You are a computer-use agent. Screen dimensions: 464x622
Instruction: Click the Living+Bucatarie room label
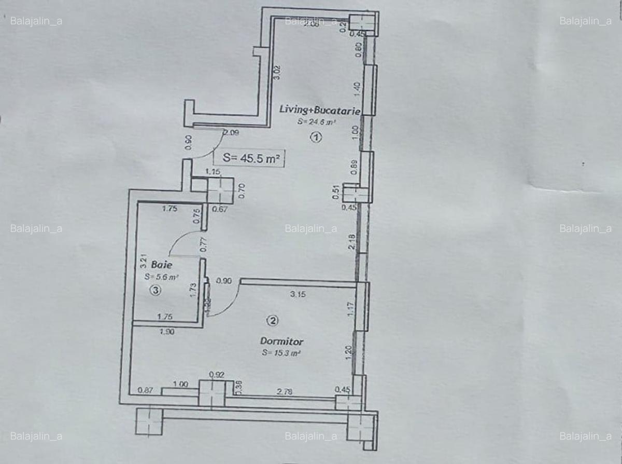[320, 109]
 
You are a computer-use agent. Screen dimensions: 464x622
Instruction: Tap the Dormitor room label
[281, 342]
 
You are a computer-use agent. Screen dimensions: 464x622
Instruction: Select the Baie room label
[151, 264]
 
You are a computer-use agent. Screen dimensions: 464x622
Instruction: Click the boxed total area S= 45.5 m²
[250, 159]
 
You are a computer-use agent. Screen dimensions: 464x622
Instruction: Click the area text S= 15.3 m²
[281, 353]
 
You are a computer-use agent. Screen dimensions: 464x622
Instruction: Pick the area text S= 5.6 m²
[161, 277]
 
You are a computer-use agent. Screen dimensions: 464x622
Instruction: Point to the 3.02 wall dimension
[277, 72]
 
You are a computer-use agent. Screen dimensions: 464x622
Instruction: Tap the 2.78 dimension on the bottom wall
[285, 392]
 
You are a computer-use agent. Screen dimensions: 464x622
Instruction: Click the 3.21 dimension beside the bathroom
[144, 260]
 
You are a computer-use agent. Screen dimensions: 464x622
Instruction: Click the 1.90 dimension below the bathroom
[167, 333]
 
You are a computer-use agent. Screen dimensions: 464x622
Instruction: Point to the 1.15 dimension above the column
[213, 171]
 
